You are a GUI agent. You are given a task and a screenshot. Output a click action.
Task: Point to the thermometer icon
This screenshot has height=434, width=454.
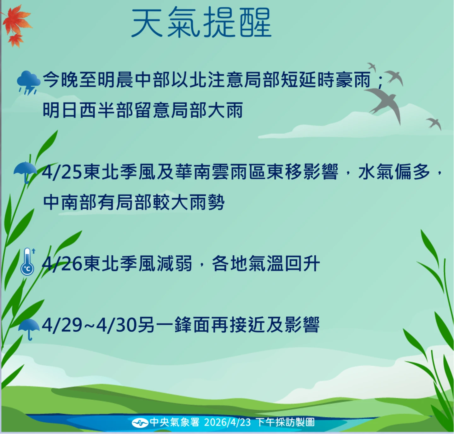coord(27,262)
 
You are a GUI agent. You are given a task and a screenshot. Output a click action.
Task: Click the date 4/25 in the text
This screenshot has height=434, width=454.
coord(62,172)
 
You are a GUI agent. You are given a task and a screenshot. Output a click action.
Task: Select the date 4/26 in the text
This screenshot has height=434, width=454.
coord(62,264)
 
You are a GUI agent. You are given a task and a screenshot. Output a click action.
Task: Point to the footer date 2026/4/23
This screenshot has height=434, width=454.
coord(227,422)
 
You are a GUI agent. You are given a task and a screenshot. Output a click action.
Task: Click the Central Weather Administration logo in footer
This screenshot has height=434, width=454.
coord(140,423)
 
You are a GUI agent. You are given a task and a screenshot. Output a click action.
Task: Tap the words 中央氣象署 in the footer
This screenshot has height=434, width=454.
coord(175,422)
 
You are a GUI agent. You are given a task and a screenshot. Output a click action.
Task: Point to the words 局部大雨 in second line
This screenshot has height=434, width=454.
coord(207,110)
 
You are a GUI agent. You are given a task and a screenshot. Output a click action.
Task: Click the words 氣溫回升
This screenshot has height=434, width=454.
coord(284,264)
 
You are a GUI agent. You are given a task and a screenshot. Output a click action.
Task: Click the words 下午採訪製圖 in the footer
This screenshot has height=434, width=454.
coord(285,422)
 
